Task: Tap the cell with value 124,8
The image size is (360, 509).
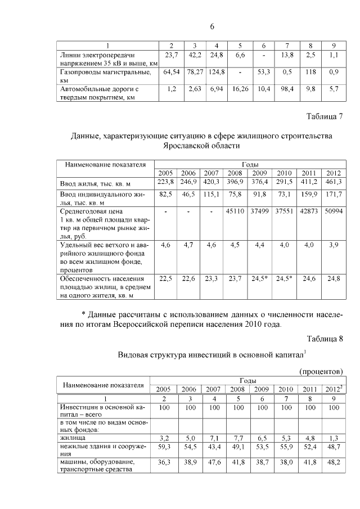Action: pyautogui.click(x=217, y=72)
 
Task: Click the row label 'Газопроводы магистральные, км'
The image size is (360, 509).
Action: pyautogui.click(x=105, y=76)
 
